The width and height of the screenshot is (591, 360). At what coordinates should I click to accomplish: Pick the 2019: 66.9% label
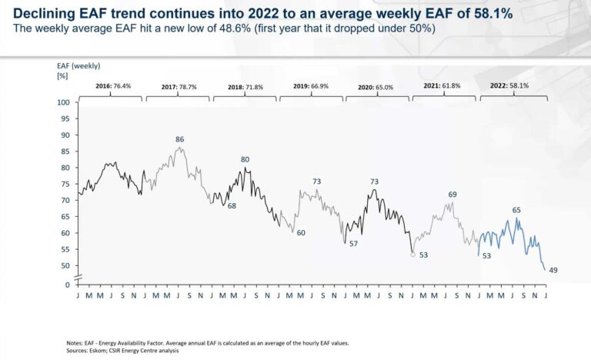click(x=310, y=86)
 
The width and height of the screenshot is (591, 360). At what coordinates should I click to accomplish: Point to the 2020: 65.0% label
click(x=376, y=87)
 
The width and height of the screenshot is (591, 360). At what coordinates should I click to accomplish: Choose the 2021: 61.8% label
click(x=442, y=86)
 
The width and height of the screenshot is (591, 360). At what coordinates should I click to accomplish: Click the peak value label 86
click(x=179, y=139)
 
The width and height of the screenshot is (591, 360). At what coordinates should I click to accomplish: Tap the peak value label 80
click(x=245, y=160)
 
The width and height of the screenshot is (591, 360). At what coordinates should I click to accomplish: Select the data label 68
click(x=231, y=206)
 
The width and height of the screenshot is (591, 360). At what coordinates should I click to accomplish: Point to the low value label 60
click(x=301, y=232)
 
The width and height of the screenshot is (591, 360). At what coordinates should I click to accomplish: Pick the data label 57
click(x=353, y=243)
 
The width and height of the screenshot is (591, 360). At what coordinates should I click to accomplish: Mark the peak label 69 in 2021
click(x=452, y=195)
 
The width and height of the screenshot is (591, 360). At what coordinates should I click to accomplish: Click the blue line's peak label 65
click(x=516, y=210)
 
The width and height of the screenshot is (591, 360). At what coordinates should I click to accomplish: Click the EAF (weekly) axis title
click(x=78, y=66)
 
